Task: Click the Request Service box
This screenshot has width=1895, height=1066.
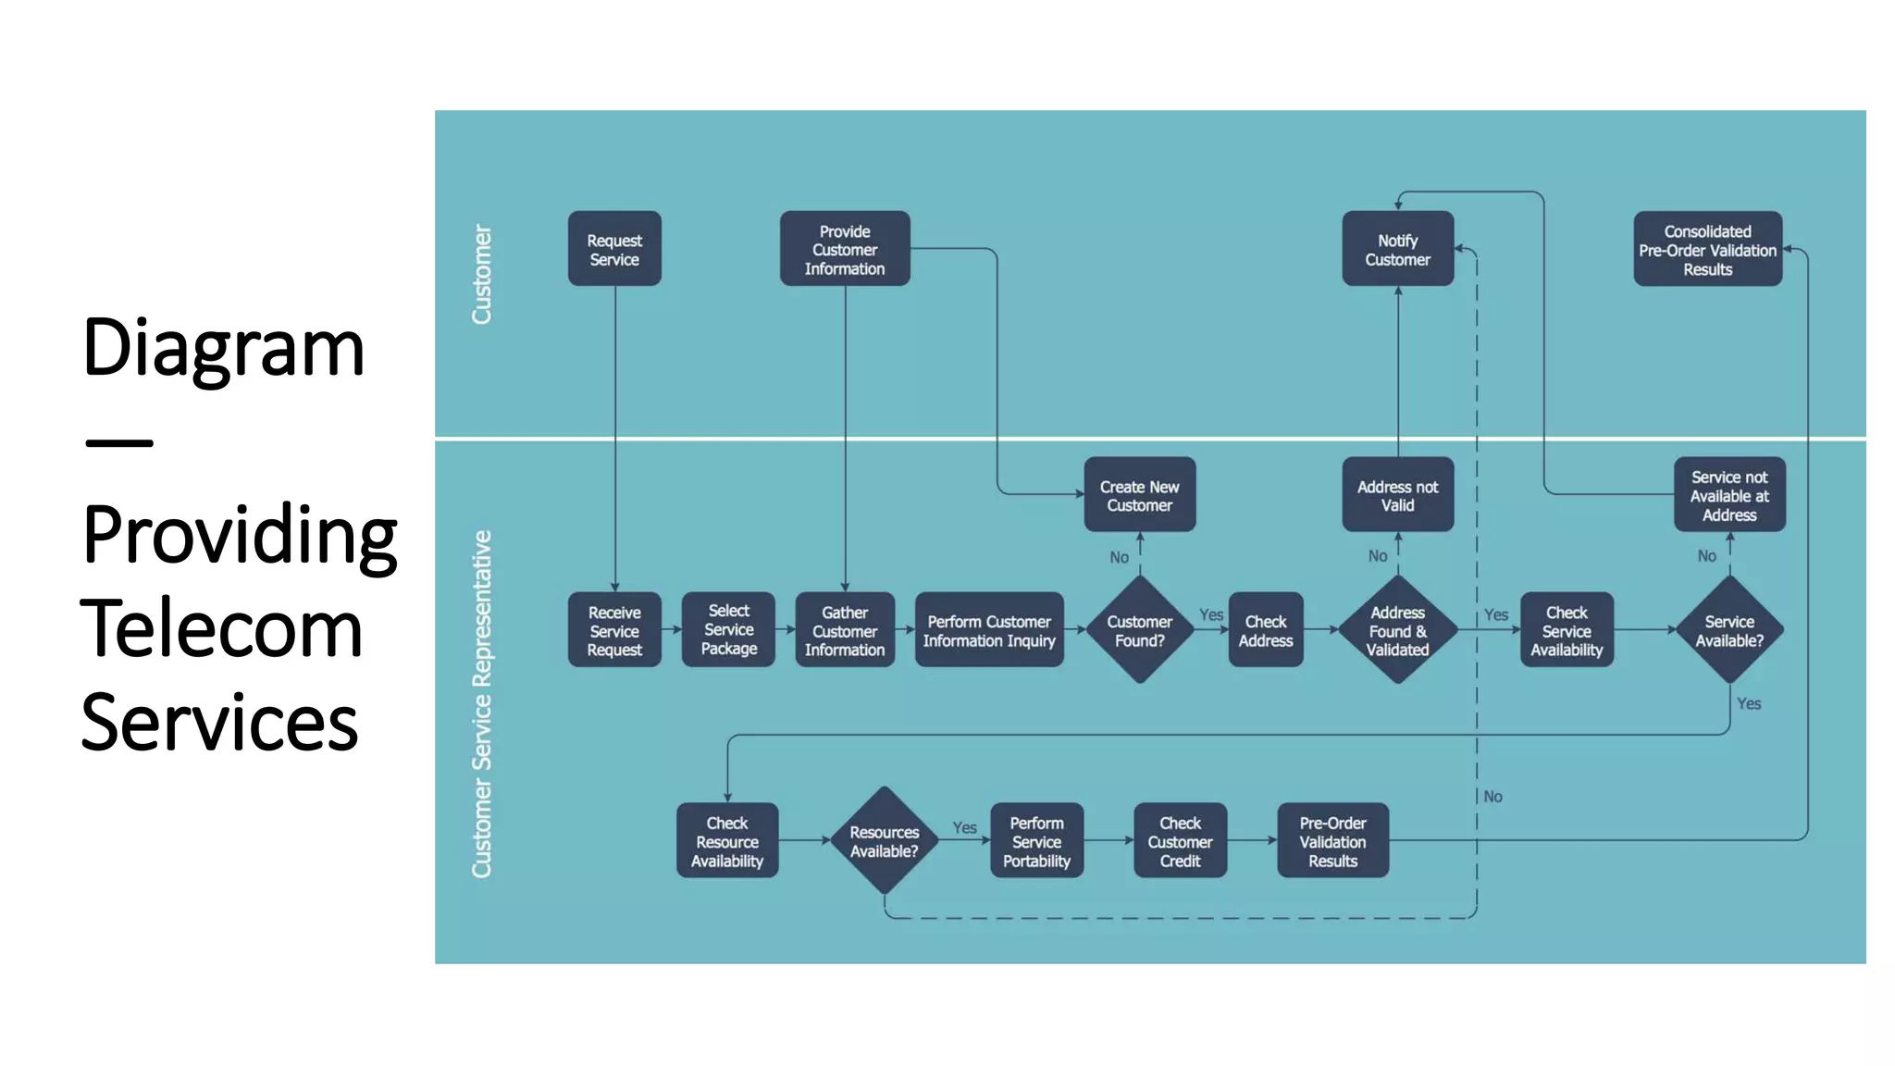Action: click(x=614, y=249)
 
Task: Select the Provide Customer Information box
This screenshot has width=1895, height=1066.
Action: click(x=844, y=249)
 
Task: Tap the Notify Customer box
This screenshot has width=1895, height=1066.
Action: click(x=1397, y=249)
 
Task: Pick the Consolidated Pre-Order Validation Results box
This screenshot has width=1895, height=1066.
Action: click(x=1707, y=250)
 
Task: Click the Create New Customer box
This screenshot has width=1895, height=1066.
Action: click(x=1139, y=495)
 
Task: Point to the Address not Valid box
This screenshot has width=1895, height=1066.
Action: click(x=1397, y=495)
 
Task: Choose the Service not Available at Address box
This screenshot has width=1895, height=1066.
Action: click(x=1728, y=495)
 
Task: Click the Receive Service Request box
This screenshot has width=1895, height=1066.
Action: click(x=614, y=630)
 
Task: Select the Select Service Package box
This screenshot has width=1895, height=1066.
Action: click(x=728, y=629)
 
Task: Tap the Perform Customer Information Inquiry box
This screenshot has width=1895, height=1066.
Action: click(x=988, y=630)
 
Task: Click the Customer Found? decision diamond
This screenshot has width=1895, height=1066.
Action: click(x=1139, y=630)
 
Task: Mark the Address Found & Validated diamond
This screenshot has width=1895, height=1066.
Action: click(x=1397, y=630)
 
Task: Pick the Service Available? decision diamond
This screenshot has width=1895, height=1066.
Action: click(x=1728, y=630)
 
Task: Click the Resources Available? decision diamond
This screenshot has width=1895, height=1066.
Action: click(x=884, y=840)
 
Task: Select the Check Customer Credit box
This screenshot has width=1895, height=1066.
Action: click(x=1180, y=841)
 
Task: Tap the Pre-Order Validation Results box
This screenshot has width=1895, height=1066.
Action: click(x=1332, y=841)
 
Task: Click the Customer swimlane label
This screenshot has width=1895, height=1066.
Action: click(x=482, y=274)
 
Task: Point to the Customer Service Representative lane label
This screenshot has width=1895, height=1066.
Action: click(x=482, y=703)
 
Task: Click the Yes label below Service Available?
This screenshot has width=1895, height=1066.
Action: click(x=1748, y=703)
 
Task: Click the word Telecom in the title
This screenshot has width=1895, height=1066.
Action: click(x=222, y=628)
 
